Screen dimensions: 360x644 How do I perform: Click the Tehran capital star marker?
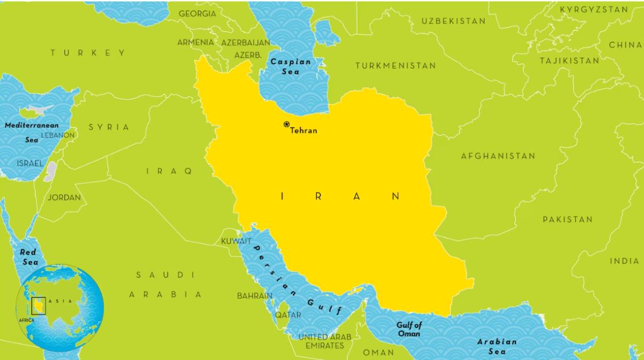(x=287, y=124)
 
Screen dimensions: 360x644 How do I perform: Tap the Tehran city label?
(x=304, y=131)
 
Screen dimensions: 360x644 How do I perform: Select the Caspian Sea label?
(x=290, y=66)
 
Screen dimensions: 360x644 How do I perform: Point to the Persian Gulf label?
(x=297, y=279)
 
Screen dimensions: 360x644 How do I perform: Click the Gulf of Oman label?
(x=409, y=329)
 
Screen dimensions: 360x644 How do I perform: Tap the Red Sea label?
(x=29, y=257)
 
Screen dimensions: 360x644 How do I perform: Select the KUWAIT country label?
(x=236, y=242)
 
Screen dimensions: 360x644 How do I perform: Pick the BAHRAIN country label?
(x=255, y=295)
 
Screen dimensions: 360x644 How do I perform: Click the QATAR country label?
(x=288, y=315)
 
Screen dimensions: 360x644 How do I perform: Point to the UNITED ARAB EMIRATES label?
(x=324, y=341)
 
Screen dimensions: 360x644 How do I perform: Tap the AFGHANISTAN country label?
(x=498, y=156)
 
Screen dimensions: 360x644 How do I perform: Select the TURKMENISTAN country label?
(x=395, y=66)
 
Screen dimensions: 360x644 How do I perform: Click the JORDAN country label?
(x=64, y=197)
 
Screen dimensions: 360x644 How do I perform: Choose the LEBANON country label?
(x=58, y=135)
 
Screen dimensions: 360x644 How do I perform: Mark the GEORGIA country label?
(x=197, y=13)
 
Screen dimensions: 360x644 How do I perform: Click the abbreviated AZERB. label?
(x=248, y=55)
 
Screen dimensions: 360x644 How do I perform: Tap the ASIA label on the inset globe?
(x=59, y=301)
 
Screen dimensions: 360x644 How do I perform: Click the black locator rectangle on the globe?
(x=38, y=306)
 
